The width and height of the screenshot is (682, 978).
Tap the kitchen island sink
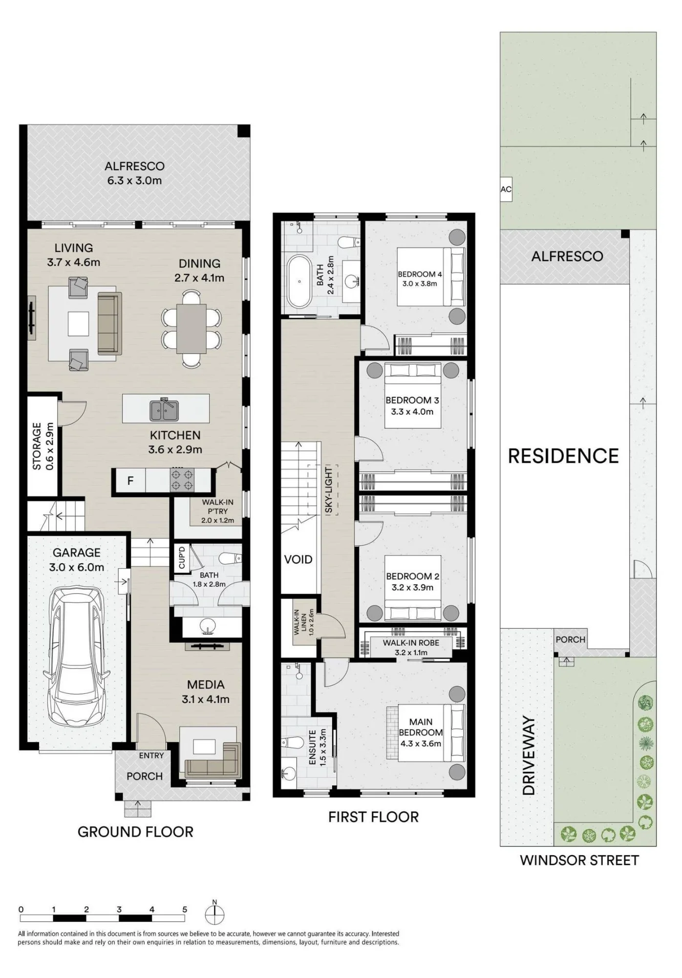coord(164,409)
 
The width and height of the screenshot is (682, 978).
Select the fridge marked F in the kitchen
coord(130,481)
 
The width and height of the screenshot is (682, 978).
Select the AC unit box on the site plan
coord(506,189)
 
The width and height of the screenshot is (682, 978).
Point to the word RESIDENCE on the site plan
coord(563,456)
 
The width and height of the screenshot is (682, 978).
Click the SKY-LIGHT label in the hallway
coord(329,490)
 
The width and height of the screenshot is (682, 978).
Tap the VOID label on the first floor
coord(298,559)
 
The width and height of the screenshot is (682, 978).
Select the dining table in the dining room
coord(191,328)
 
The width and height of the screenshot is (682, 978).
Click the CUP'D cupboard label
coord(182,558)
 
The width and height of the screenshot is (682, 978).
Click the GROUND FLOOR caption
coord(135,832)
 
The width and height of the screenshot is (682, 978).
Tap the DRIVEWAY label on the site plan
coord(529,756)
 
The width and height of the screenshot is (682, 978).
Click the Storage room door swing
coord(72,414)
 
